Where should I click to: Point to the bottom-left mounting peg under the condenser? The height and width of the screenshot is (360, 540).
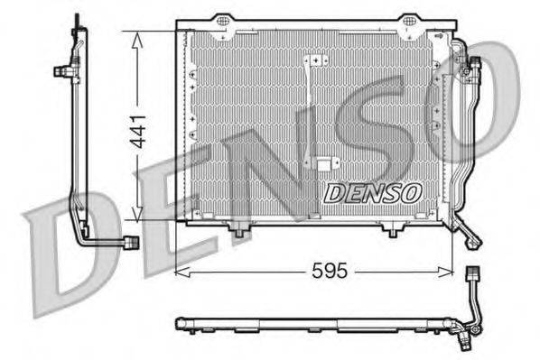point(238,233)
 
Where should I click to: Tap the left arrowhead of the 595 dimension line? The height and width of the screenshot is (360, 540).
point(180,269)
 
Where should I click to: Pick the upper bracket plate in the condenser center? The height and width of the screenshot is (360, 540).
point(316,60)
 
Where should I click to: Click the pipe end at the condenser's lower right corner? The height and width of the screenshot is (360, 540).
point(473,239)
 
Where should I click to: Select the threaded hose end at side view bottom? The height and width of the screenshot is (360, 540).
point(131,242)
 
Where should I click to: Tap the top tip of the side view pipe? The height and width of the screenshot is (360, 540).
point(76,18)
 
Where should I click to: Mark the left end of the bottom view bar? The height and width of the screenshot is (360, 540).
point(178,321)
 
